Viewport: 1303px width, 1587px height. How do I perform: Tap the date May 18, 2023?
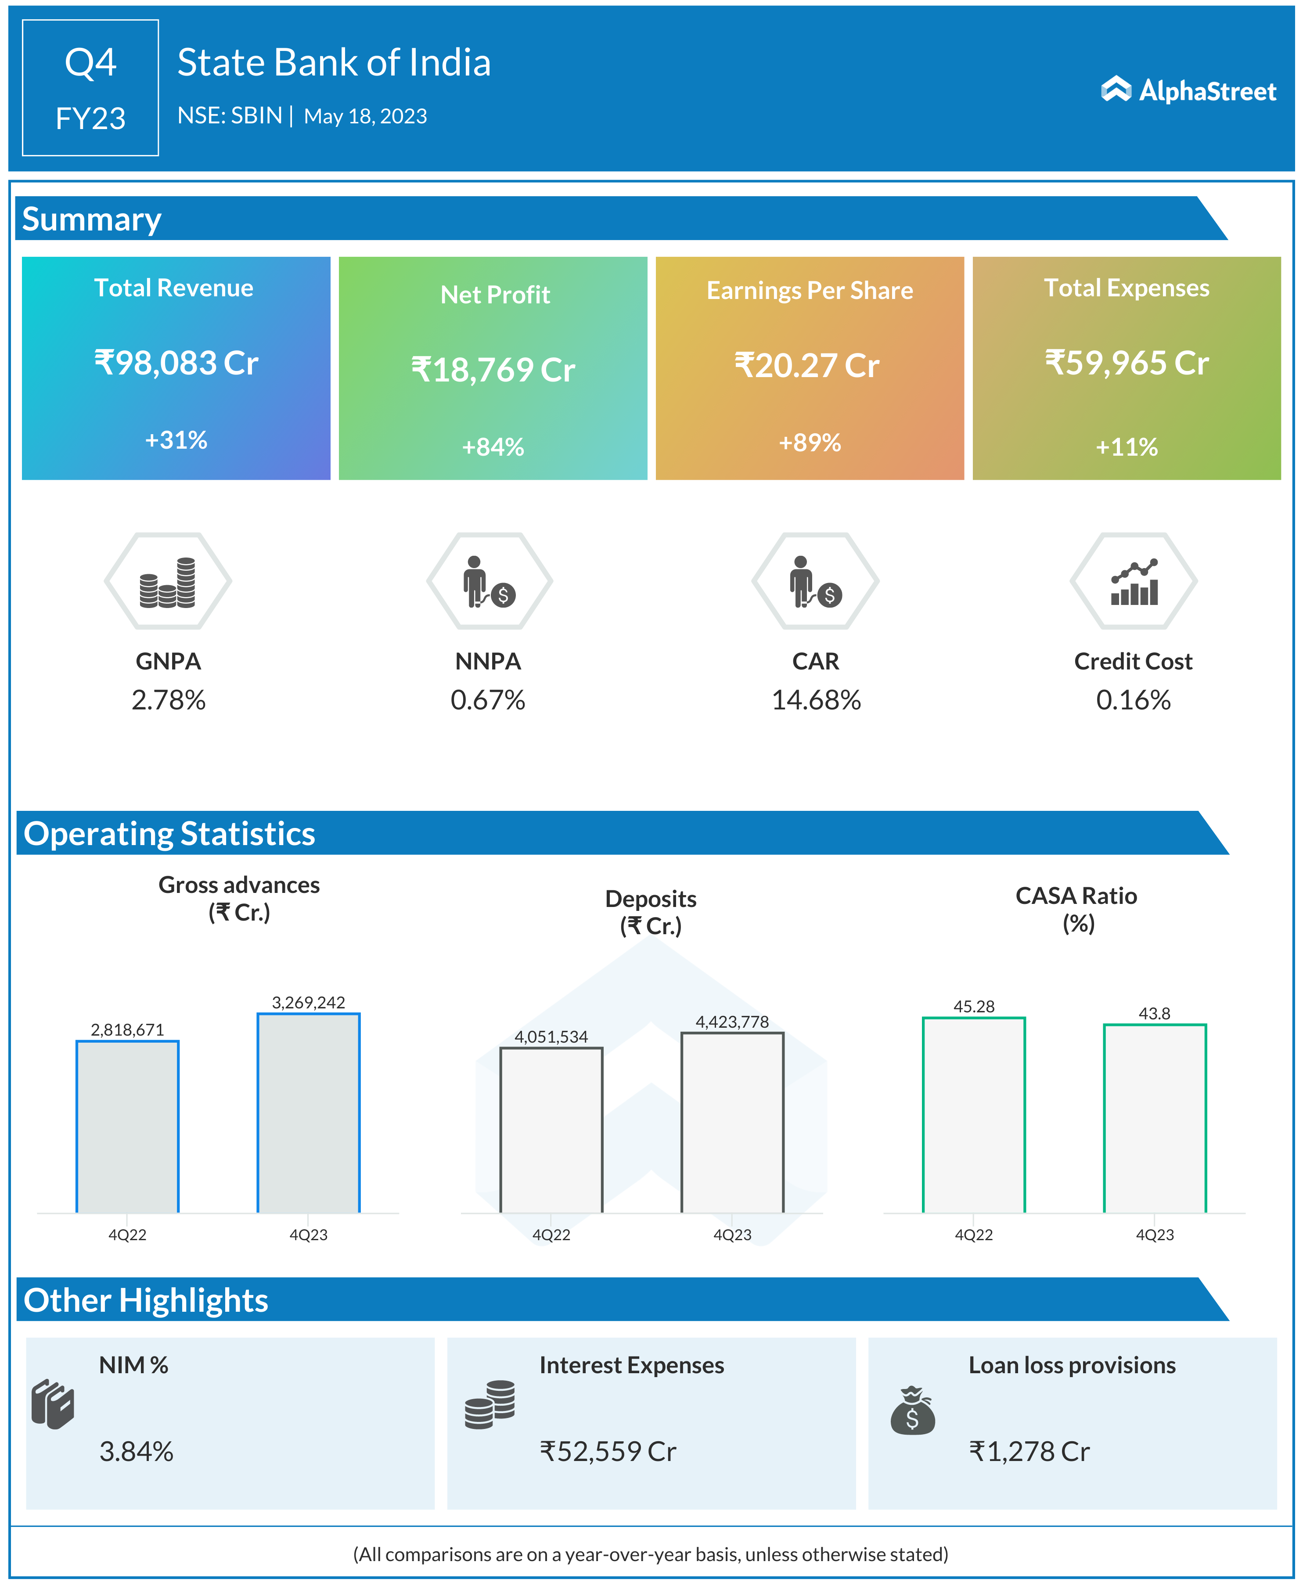pos(366,116)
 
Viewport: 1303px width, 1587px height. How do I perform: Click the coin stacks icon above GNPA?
pos(167,582)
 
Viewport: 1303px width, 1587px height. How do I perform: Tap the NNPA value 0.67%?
pos(487,700)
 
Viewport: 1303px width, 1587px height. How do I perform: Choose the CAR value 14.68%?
pos(816,700)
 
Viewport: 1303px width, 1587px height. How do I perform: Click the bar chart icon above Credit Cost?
pos(1134,582)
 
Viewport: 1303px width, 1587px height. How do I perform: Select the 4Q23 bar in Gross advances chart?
pos(309,1113)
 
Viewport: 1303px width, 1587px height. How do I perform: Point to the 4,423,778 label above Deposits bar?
pos(732,1022)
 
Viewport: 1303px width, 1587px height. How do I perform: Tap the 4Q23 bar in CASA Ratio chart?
pos(1154,1118)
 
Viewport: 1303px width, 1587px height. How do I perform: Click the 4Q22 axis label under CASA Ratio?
pos(973,1235)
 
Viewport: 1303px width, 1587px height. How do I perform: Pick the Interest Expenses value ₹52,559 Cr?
pos(608,1452)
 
